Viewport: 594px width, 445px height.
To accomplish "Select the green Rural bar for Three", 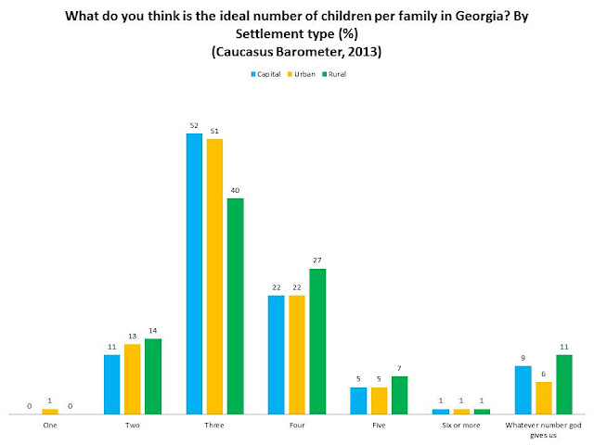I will (x=235, y=306).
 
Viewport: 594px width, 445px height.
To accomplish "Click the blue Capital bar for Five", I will (x=358, y=400).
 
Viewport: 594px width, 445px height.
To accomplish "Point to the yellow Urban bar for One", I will (x=50, y=411).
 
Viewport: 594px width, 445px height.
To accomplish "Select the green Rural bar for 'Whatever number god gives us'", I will (x=563, y=384).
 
